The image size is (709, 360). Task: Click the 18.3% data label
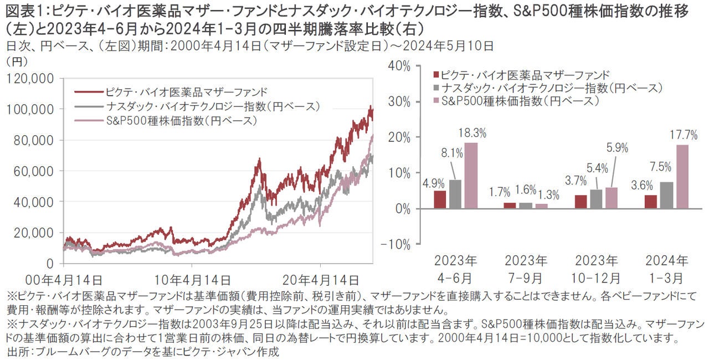(472, 133)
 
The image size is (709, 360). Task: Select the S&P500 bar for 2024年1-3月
(682, 177)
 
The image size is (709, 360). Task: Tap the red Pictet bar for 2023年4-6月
(439, 199)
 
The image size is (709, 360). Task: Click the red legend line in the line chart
(88, 91)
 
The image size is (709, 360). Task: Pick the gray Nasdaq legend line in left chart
(88, 106)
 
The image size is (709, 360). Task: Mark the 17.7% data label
(682, 133)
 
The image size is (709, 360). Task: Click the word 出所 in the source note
(19, 351)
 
